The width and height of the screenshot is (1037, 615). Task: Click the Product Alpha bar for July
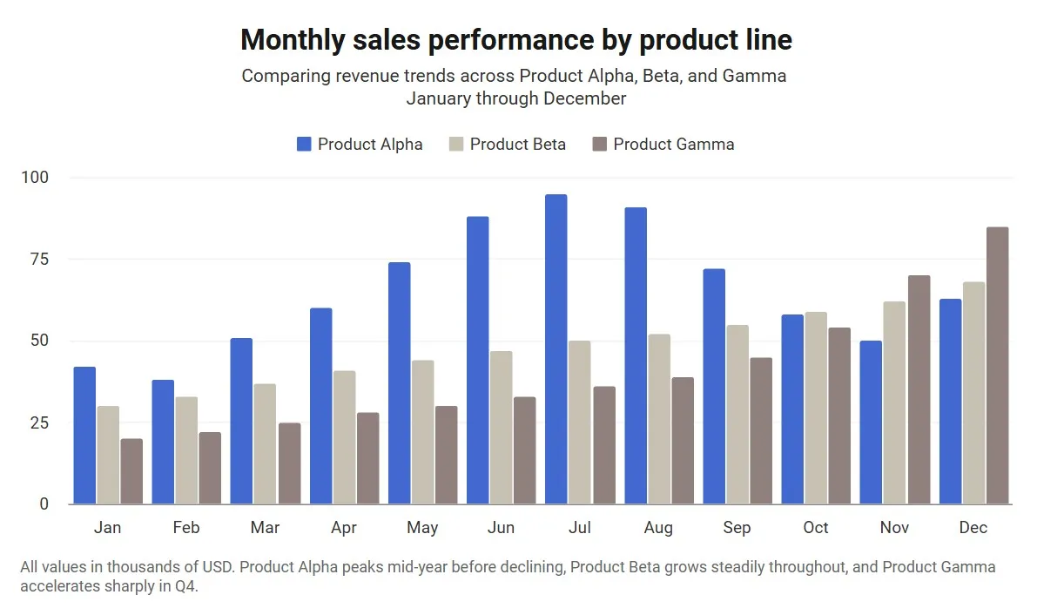(x=556, y=349)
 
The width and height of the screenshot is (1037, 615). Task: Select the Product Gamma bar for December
(x=997, y=366)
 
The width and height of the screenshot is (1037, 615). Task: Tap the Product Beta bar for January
(x=108, y=455)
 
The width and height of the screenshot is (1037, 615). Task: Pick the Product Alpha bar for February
(x=163, y=442)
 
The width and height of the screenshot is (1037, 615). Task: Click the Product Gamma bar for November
(x=919, y=389)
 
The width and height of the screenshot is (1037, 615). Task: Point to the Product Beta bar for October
(x=816, y=408)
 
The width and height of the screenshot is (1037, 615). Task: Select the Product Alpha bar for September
(x=714, y=387)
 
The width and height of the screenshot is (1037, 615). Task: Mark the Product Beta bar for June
(x=501, y=428)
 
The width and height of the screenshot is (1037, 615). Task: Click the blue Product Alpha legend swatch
(x=304, y=145)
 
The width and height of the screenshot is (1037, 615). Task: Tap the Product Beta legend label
(x=517, y=145)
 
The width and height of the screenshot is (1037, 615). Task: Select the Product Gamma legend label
(x=673, y=145)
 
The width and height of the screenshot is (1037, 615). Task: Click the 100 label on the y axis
(x=35, y=178)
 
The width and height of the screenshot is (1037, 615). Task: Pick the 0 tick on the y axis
(x=44, y=504)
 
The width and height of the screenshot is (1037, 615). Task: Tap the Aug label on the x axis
(x=658, y=528)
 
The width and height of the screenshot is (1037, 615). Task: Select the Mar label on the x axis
(x=265, y=528)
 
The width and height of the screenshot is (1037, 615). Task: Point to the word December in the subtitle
(x=584, y=98)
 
